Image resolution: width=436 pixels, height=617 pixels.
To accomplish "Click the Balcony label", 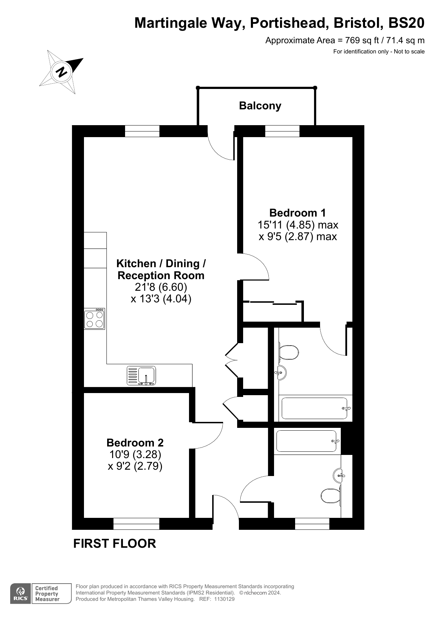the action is pos(260,106).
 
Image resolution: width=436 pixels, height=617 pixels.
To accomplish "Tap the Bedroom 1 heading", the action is pos(298,213).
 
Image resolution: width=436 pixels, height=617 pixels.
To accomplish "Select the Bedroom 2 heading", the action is pos(135,442).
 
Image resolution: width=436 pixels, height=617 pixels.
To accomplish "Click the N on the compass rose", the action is pos(61,72).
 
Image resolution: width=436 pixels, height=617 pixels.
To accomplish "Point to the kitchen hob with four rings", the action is pos(95,319).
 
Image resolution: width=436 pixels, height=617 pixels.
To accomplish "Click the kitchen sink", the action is pos(142,375).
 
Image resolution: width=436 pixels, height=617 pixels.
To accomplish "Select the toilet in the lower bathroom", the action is pos(331,496).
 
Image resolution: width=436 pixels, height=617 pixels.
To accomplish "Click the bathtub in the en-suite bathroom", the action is pos(314,408).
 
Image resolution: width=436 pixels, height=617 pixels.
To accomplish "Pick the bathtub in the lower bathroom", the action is pos(307,441).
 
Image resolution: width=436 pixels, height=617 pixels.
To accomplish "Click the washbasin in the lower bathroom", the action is pos(338,476).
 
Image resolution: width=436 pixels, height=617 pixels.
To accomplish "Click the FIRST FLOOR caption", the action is pos(115,544).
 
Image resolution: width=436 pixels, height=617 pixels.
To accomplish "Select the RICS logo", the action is pos(21,594).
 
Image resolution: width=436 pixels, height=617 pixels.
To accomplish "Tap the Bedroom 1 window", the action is pos(282,131).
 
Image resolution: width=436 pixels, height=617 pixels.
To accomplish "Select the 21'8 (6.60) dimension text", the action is pos(161,287).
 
